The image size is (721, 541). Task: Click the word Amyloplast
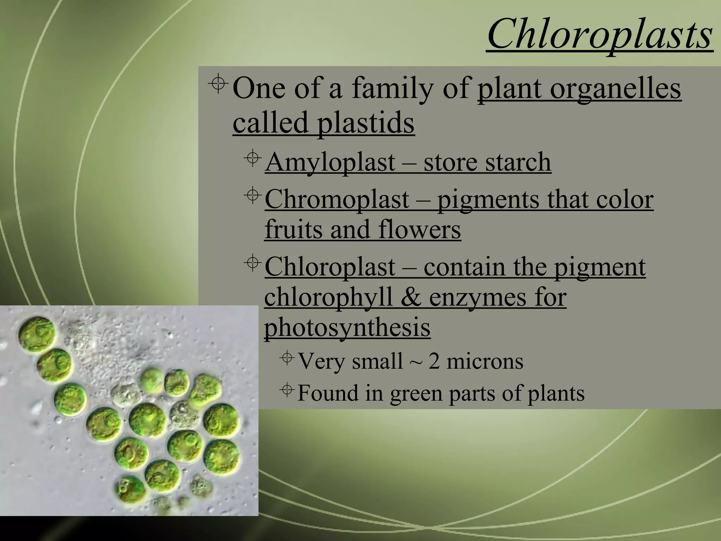[330, 162]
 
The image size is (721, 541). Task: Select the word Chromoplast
[337, 200]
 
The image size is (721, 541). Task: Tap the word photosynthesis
[347, 327]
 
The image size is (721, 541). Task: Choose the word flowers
[420, 229]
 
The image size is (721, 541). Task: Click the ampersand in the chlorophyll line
[411, 297]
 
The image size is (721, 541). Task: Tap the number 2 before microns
[434, 361]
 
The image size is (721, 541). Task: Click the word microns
[485, 361]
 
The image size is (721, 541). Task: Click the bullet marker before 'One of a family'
[218, 83]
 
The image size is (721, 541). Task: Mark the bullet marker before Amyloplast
[252, 158]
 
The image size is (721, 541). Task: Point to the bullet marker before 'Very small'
[288, 358]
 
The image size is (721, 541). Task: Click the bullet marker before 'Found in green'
[287, 390]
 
